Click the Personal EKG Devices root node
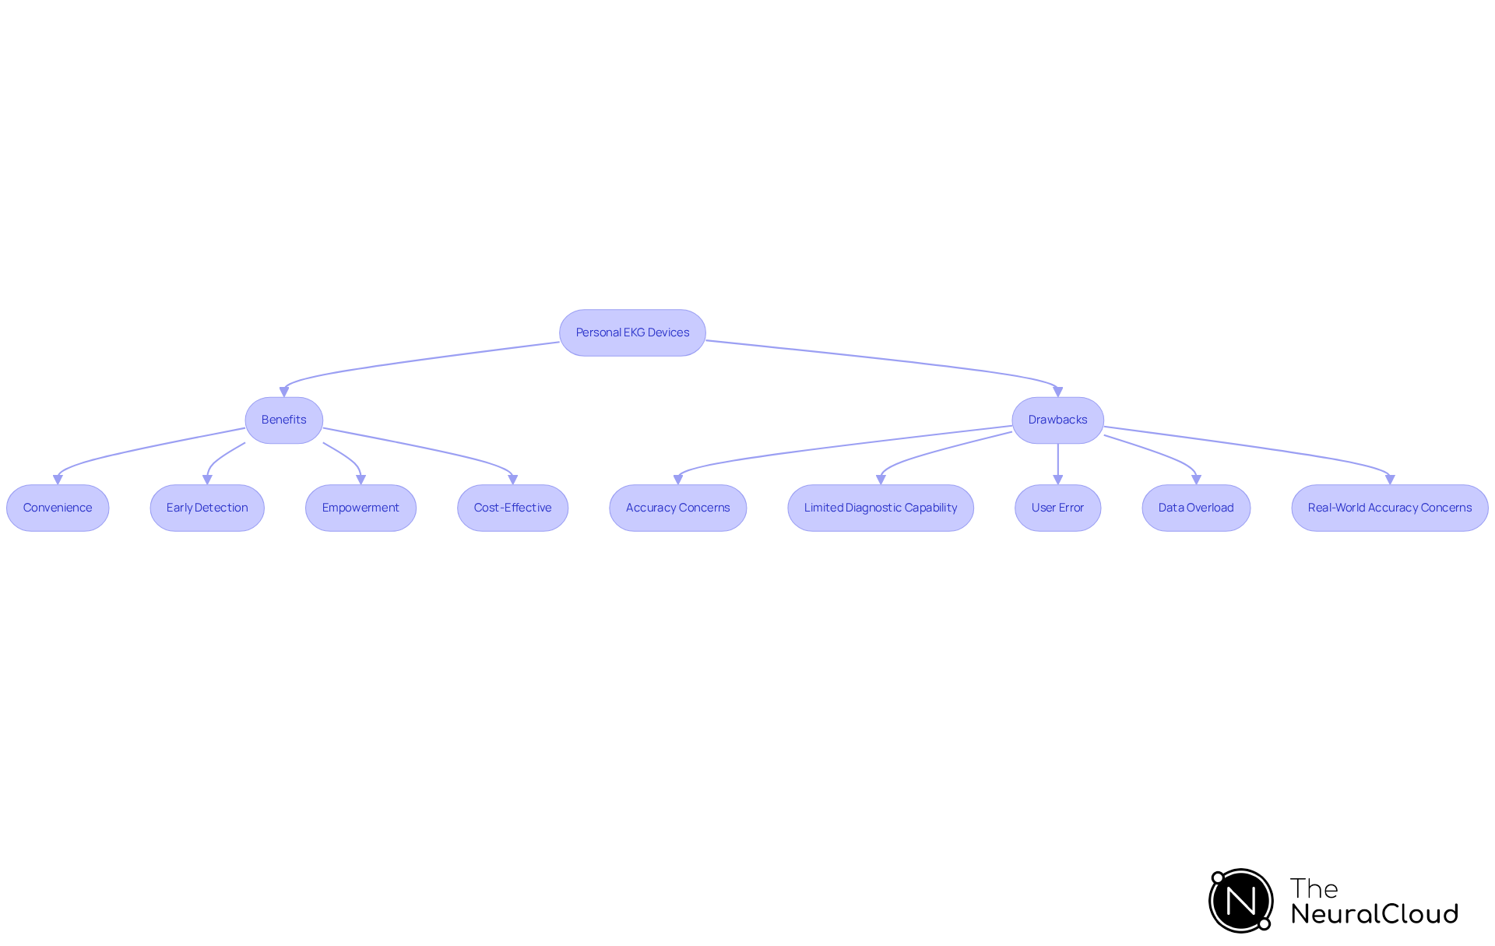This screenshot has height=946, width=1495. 632,332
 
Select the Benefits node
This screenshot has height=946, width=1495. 283,420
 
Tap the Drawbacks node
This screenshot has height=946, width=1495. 1057,420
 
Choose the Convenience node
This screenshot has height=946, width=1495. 58,508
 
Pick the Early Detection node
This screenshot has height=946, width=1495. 207,508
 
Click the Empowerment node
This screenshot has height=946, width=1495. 361,508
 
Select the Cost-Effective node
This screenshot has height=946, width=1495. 512,508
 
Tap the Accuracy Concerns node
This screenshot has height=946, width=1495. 677,508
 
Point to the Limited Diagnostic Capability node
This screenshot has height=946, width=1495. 881,508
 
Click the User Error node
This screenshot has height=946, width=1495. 1057,508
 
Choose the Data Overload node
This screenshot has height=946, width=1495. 1196,508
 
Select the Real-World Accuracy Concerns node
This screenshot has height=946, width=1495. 1389,508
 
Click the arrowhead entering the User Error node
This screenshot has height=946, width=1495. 1057,480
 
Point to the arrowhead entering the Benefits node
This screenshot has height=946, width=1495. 284,392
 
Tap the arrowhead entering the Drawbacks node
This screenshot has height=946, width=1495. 1057,392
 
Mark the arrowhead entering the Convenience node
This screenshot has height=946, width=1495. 58,480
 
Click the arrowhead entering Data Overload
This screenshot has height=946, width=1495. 1196,480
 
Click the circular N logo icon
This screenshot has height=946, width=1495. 1240,901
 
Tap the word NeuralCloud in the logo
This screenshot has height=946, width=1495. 1374,914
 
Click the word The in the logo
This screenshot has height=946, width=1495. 1314,888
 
